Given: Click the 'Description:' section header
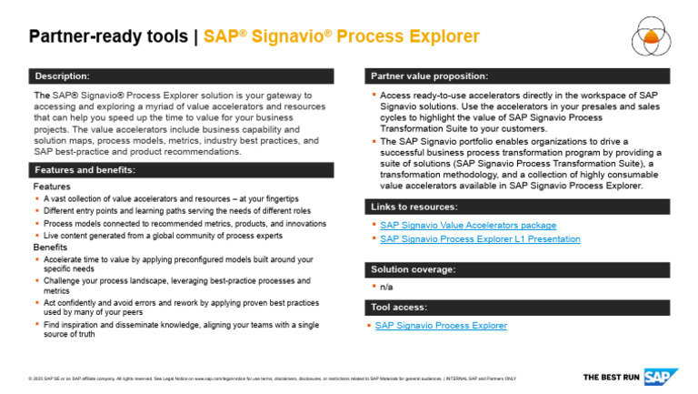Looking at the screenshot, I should [62, 76].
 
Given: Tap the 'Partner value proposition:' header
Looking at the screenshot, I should [429, 76].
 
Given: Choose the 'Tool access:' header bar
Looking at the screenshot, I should [398, 307].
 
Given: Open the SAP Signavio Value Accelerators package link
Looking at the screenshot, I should [467, 225].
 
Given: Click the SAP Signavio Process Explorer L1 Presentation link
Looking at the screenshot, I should [479, 239].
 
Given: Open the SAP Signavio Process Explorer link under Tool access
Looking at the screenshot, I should [441, 326].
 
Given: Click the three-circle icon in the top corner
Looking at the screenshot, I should [652, 36].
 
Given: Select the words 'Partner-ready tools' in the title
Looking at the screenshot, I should [108, 37].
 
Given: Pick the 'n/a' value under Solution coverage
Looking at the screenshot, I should [386, 288].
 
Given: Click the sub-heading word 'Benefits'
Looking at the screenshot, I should [51, 248].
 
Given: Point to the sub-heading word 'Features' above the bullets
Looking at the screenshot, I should [52, 187].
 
